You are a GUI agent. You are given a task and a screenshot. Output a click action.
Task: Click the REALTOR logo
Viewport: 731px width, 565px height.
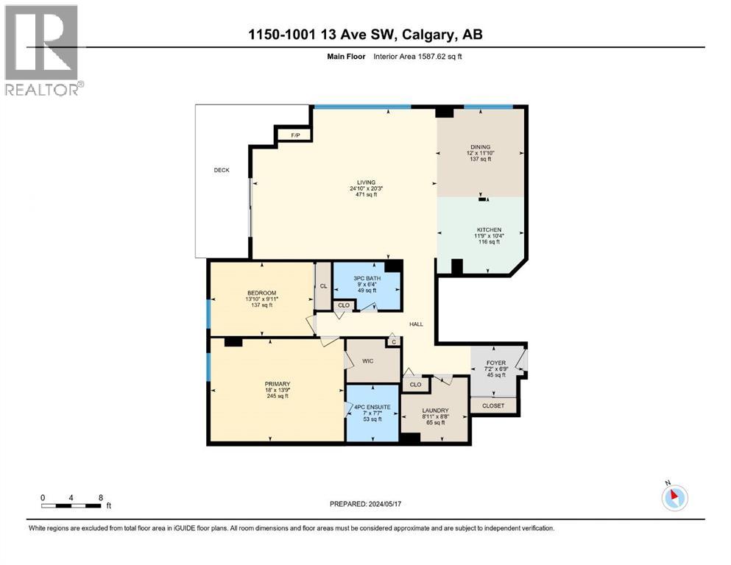point(42,50)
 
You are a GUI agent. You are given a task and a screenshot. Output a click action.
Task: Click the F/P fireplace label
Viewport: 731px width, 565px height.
point(295,135)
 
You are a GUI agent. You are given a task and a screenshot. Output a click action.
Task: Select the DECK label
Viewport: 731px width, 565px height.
point(222,170)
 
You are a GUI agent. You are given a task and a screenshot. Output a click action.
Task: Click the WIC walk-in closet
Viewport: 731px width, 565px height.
point(369,361)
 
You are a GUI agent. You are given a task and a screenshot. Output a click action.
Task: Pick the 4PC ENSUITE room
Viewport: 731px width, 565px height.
point(372,413)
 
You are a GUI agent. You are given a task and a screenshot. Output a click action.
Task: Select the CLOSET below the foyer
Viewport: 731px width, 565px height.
point(493,405)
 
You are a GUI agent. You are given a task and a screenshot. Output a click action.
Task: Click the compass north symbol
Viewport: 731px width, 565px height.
point(674,497)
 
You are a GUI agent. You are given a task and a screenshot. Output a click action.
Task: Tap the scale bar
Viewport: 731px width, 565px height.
point(71,505)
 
